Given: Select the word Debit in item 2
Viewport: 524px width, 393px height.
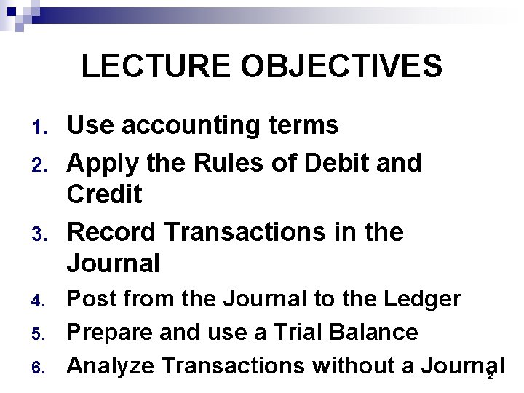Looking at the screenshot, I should (346, 162).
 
